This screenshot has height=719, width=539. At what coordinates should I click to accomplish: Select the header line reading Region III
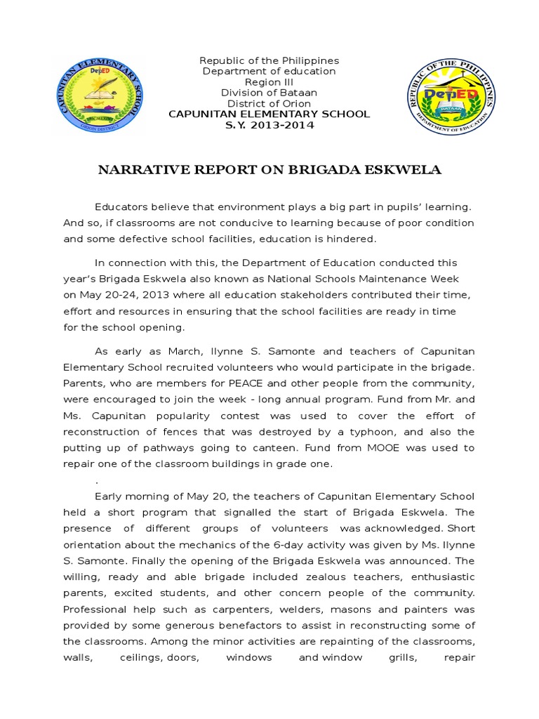point(269,82)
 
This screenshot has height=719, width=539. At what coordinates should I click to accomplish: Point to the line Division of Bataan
point(269,93)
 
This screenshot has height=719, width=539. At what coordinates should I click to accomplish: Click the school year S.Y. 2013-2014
point(269,125)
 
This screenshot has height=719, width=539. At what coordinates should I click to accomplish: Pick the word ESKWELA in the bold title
point(409,171)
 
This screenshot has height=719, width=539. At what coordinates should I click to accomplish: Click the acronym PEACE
point(227,383)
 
